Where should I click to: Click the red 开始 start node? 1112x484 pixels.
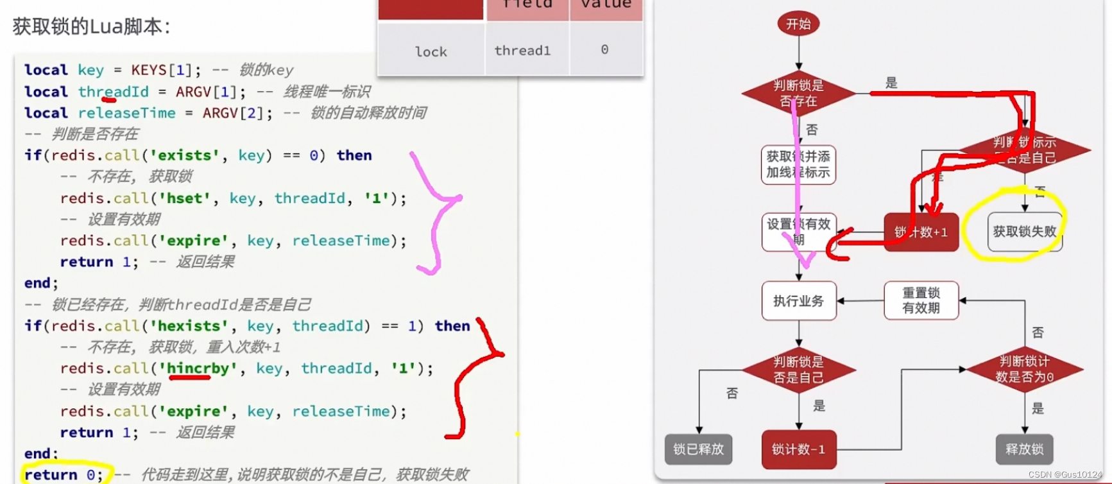pos(798,24)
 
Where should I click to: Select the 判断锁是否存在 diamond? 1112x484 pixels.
pos(798,94)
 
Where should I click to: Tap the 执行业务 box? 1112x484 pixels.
pos(799,301)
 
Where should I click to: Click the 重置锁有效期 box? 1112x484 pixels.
pos(921,300)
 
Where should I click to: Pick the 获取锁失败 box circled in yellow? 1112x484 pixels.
pos(1024,232)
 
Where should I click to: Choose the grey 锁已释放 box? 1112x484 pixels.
pos(698,449)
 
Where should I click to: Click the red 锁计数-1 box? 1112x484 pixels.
pos(799,449)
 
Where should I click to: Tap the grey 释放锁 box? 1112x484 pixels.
pos(1024,449)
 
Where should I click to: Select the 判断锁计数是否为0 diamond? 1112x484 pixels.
pos(1024,370)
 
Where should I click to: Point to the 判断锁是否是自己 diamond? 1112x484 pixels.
pos(799,370)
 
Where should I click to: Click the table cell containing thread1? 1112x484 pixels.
pos(522,51)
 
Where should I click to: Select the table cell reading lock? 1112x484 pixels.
pos(431,52)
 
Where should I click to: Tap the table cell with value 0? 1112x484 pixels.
pos(604,50)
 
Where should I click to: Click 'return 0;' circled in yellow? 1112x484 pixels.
pos(63,475)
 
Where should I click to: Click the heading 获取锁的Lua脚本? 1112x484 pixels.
pos(91,27)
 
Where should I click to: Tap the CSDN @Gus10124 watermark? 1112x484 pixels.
pos(1065,474)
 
